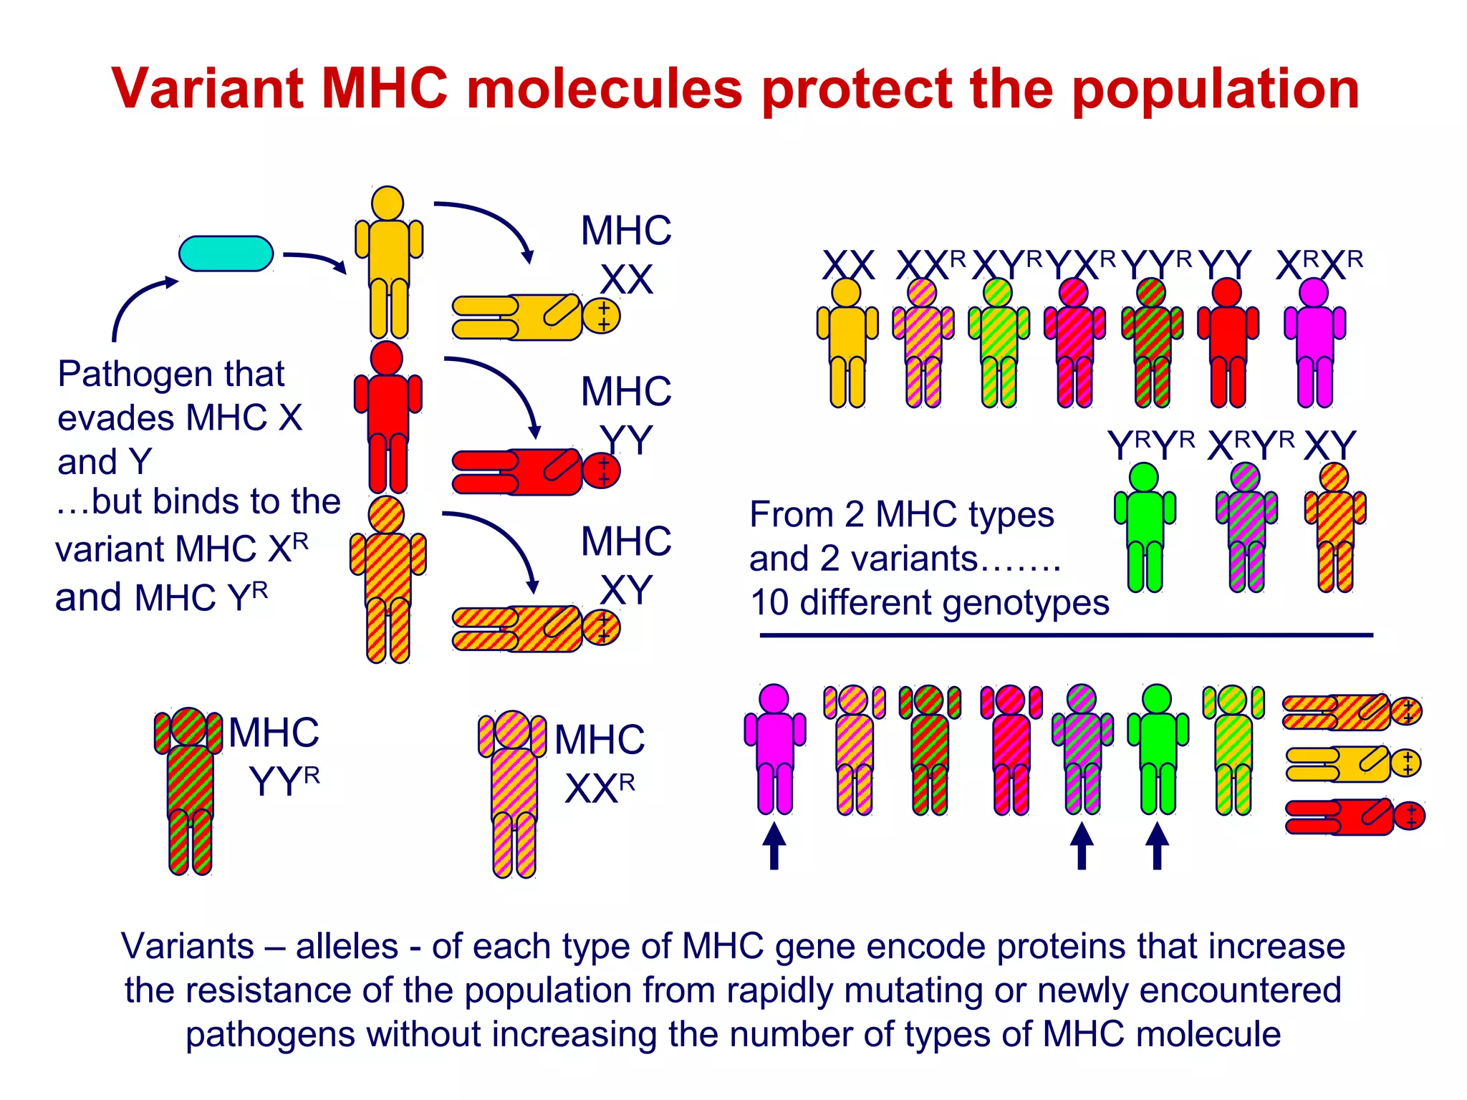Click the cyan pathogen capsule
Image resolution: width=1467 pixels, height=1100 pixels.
click(226, 254)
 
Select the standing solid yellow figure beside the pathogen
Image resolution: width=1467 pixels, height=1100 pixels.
click(388, 262)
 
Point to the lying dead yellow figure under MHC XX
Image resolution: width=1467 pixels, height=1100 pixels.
click(534, 317)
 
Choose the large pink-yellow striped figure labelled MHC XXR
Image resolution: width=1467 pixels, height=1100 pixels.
click(513, 791)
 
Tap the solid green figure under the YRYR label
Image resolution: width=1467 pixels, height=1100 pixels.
click(1144, 526)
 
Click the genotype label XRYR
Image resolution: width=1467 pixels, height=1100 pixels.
click(1250, 445)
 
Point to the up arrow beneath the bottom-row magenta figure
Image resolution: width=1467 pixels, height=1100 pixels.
click(774, 846)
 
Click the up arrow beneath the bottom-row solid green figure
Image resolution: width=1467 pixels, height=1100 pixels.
click(1157, 846)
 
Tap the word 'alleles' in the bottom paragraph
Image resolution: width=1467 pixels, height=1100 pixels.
click(347, 947)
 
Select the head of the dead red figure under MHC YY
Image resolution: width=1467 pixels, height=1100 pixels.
click(602, 471)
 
